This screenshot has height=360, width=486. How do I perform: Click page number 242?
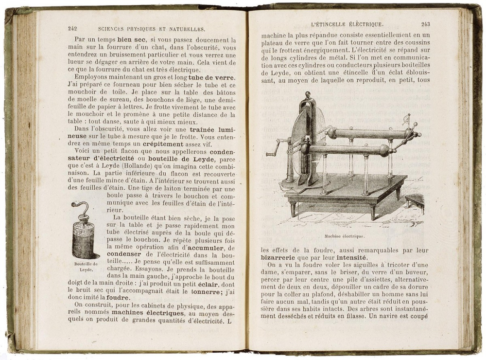pos(73,29)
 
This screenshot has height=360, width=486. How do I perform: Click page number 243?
pos(426,24)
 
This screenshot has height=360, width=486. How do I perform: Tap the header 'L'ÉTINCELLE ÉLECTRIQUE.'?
pos(347,24)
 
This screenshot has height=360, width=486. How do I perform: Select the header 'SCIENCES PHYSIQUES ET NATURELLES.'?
pos(151,29)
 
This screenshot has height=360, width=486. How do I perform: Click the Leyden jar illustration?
pos(83,236)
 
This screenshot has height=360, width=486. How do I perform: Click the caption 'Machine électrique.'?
pos(344,236)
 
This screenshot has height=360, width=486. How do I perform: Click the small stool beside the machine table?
pos(415,200)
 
